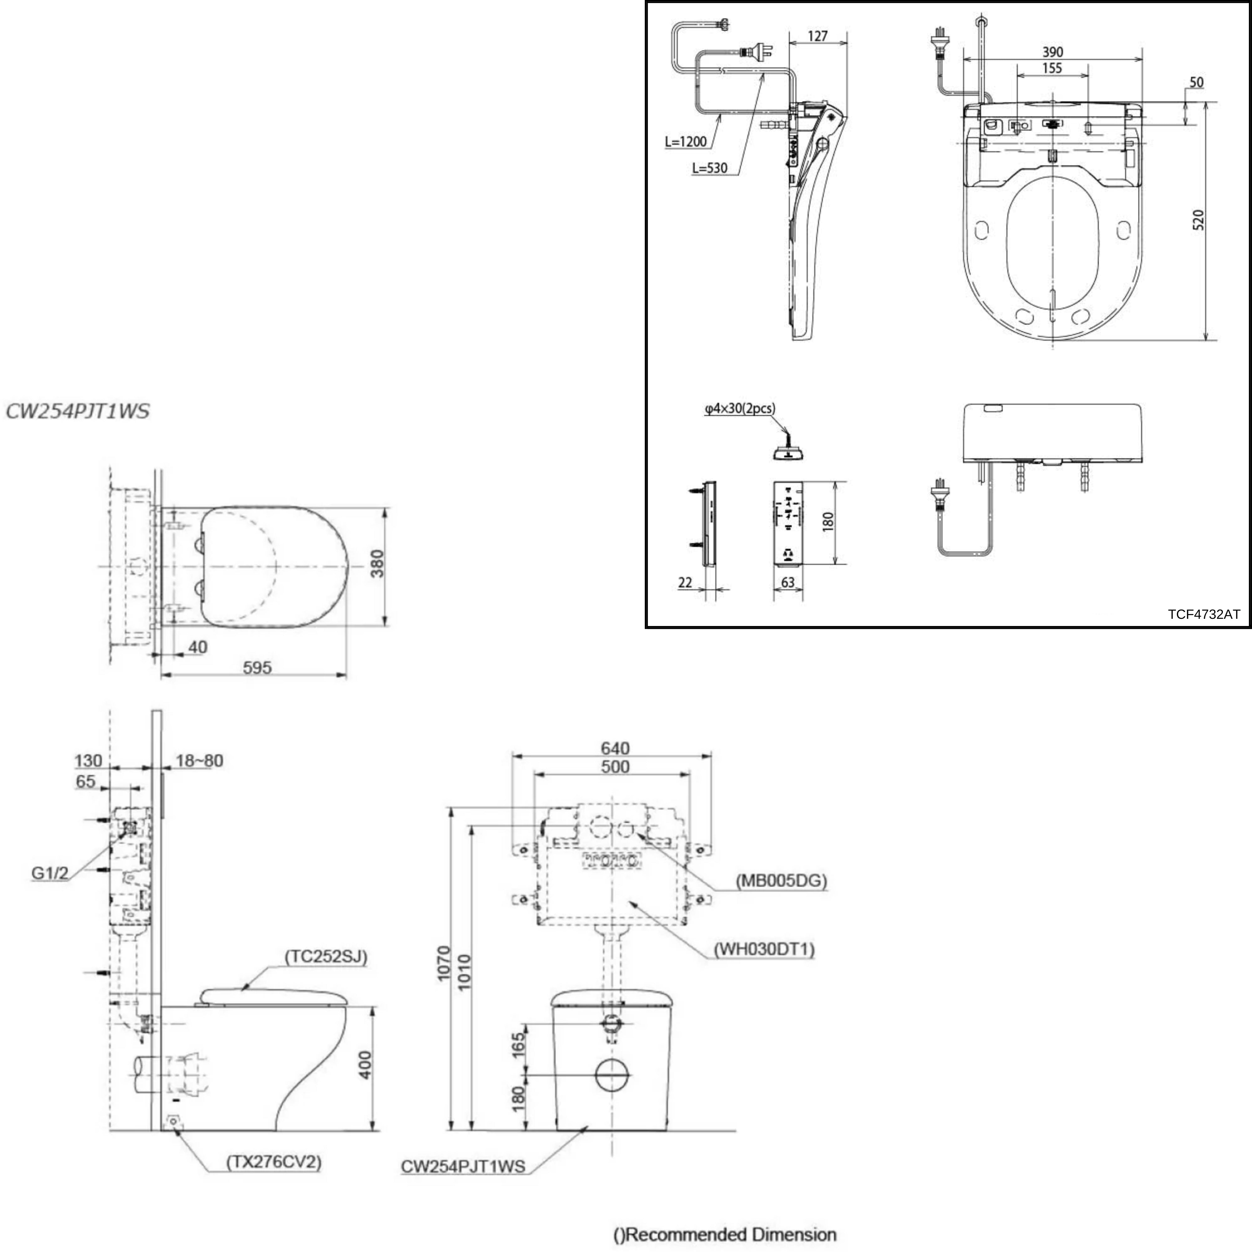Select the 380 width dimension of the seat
[377, 564]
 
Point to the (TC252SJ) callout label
[326, 957]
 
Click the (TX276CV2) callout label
[274, 1162]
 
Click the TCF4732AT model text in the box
[1203, 614]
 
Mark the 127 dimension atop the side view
[818, 36]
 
